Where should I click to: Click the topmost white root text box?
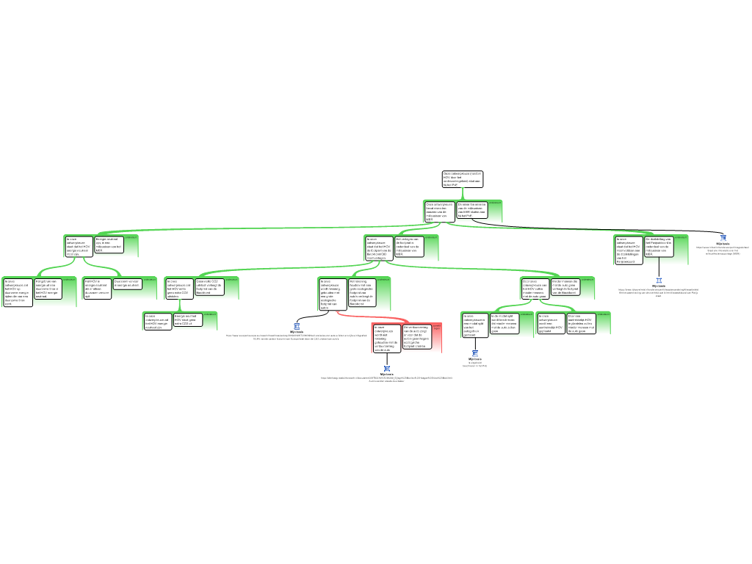tap(463, 179)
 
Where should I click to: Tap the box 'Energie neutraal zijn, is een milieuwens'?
tap(109, 245)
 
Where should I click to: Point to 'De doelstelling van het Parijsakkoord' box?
tap(659, 246)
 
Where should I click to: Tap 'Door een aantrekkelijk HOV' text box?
tap(580, 323)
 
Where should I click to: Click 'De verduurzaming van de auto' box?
tap(417, 336)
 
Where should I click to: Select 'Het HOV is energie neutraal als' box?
tap(97, 288)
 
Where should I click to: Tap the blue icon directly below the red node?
tap(387, 369)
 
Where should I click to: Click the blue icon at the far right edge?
tap(723, 238)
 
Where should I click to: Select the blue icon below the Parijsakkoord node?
tap(659, 280)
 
